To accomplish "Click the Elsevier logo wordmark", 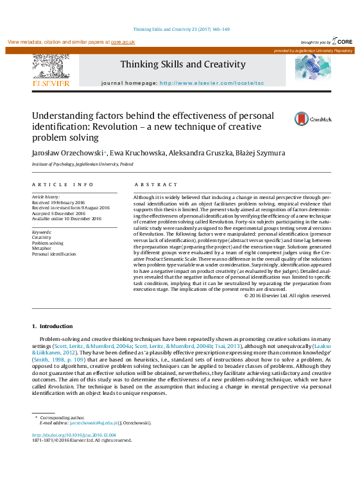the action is pyautogui.click(x=51, y=83).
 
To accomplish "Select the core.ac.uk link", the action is pyautogui.click(x=123, y=42).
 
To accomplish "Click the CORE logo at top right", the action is pyautogui.click(x=340, y=41).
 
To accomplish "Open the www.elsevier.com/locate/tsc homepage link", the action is pyautogui.click(x=211, y=83).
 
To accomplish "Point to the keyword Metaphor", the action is pyautogui.click(x=42, y=248).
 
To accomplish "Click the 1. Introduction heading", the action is pyautogui.click(x=53, y=326).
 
